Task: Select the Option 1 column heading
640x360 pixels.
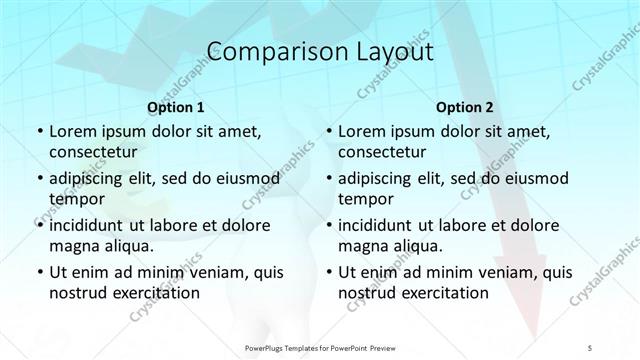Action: (x=176, y=106)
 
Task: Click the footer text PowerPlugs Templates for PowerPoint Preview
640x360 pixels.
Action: (x=319, y=347)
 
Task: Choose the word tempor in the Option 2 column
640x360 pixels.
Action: (x=366, y=199)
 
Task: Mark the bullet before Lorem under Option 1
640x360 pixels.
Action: (x=39, y=132)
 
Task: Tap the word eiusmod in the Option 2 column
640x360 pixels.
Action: (x=533, y=178)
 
